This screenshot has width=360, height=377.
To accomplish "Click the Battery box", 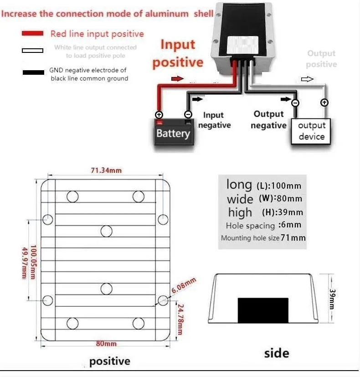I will click(173, 133).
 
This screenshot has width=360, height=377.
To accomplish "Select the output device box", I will click(312, 131).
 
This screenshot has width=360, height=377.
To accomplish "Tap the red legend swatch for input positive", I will click(32, 34).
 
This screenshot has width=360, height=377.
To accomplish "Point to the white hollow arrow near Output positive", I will click(308, 79).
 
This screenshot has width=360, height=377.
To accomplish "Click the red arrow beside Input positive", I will click(178, 79).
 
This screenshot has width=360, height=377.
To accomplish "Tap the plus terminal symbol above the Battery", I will click(159, 115).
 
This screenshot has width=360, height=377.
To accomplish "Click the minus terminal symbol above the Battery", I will click(188, 115).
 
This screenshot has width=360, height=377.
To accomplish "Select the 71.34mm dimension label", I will click(106, 170).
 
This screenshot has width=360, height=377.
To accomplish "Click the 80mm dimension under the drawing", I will click(106, 344).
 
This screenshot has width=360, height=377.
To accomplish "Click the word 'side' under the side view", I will click(277, 353).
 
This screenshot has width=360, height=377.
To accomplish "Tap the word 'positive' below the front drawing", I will click(110, 362).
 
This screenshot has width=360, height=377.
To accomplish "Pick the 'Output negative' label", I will click(269, 120).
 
